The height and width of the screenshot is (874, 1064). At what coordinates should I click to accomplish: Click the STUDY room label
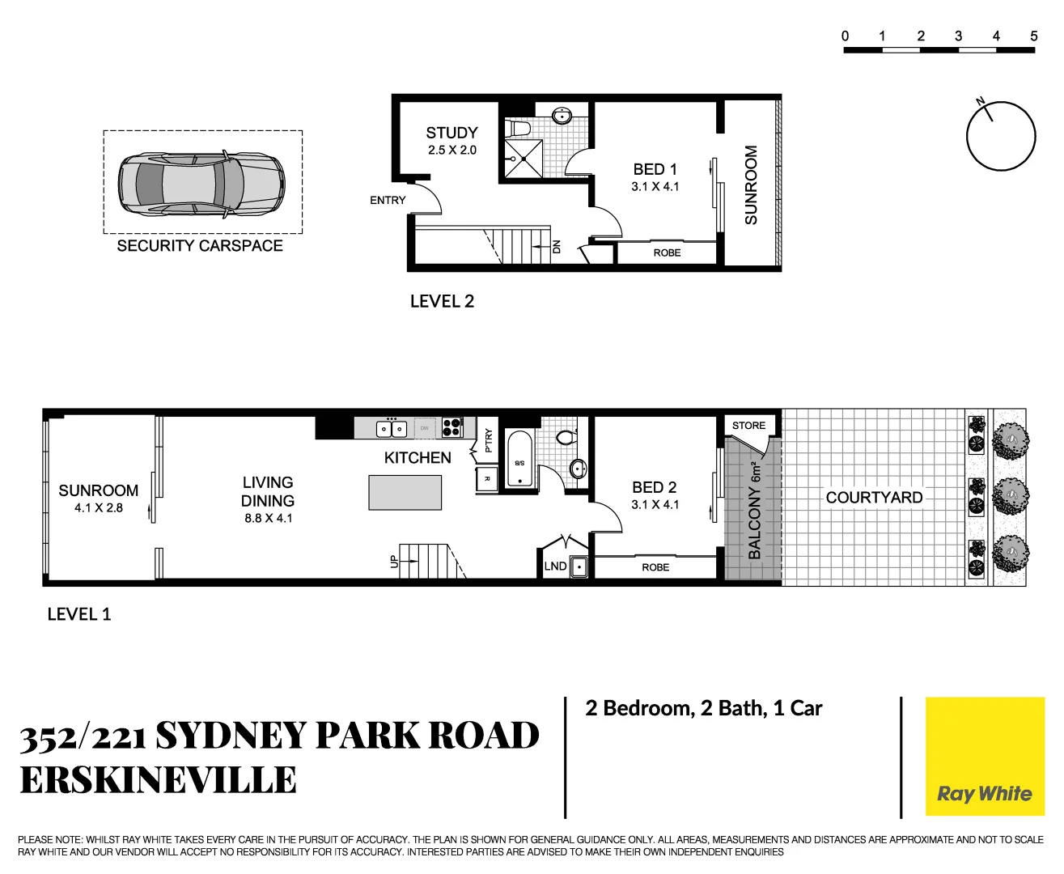click(x=451, y=133)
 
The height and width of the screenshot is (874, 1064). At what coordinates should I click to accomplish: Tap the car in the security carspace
click(x=201, y=183)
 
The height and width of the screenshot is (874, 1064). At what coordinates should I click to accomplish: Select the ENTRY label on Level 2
click(x=388, y=200)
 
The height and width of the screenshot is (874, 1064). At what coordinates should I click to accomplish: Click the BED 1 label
click(x=655, y=169)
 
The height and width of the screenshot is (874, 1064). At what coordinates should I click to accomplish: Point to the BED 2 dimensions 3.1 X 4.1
click(x=655, y=504)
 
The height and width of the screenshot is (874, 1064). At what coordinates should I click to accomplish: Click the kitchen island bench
click(x=405, y=492)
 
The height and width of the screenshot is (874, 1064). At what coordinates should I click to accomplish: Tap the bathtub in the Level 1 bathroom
click(x=519, y=460)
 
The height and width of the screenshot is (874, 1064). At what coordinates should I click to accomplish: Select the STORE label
click(x=748, y=426)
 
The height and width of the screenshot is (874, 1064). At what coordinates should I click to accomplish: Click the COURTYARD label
click(x=874, y=498)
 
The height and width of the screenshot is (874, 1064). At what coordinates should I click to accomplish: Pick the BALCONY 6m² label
click(x=754, y=510)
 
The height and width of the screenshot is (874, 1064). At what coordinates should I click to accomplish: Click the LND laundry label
click(x=555, y=566)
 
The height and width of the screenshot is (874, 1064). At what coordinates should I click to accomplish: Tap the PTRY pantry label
click(x=488, y=440)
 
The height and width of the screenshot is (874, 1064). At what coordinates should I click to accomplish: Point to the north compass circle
click(x=1001, y=136)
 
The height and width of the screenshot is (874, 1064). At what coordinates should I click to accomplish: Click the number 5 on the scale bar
click(x=1033, y=36)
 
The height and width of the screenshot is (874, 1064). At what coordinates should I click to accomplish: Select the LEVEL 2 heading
click(x=442, y=301)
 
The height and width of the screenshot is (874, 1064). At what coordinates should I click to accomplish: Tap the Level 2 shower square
click(x=524, y=159)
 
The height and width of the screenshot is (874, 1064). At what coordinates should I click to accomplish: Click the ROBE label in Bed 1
click(x=667, y=252)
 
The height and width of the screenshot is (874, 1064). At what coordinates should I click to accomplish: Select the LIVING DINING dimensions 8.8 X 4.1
click(x=268, y=518)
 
